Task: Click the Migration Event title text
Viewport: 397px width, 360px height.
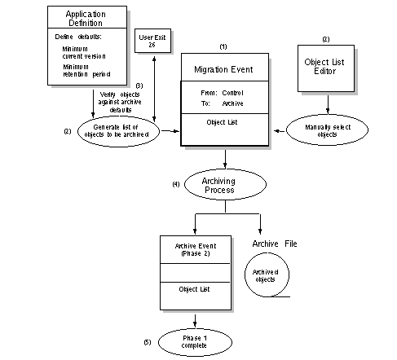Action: [x=223, y=69]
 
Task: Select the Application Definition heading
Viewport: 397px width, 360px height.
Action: [x=86, y=19]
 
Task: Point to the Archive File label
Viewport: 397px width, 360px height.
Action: [x=275, y=244]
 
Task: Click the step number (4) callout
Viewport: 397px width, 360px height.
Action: [x=176, y=184]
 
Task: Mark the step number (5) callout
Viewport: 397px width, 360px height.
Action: [x=148, y=342]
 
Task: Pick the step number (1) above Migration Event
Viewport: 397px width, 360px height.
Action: [x=223, y=46]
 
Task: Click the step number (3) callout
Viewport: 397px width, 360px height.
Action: [x=139, y=86]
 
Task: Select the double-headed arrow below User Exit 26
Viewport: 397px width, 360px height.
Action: [x=154, y=89]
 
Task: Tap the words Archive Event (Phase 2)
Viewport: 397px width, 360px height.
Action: [x=196, y=250]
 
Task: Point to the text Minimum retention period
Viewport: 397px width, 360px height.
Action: [x=86, y=71]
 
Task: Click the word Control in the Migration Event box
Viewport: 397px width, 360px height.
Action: [x=232, y=93]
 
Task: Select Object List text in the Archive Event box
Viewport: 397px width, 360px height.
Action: [x=194, y=289]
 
